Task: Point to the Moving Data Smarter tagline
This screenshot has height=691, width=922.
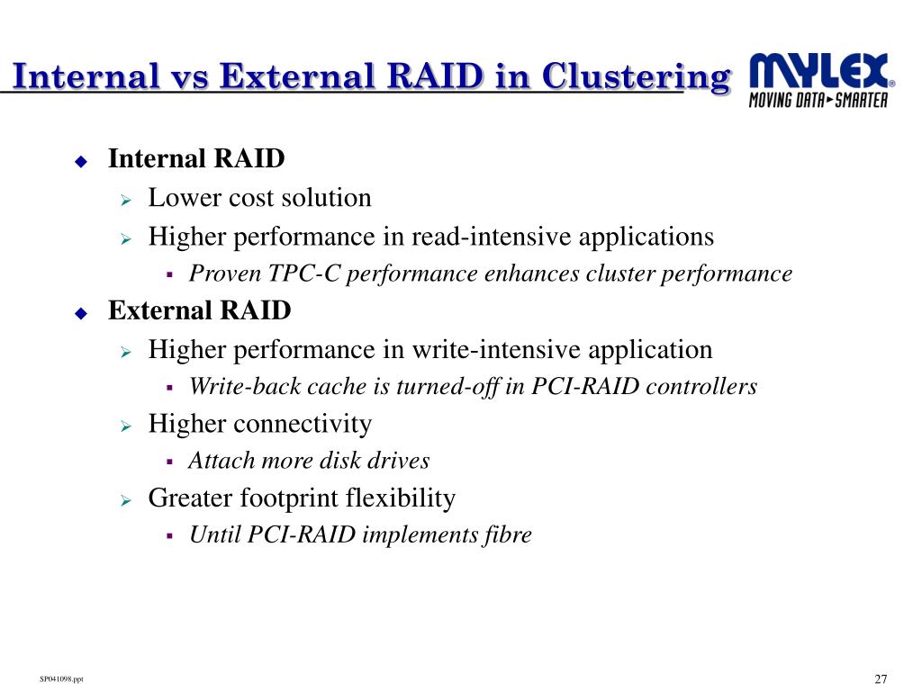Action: [x=818, y=100]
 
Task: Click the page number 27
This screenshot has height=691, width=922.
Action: [x=881, y=678]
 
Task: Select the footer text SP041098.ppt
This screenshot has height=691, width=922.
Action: [x=62, y=678]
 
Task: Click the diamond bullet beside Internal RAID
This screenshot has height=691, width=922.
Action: [x=80, y=162]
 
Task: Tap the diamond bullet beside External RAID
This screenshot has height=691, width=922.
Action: [x=80, y=314]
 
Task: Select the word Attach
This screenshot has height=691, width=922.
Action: [x=217, y=462]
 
